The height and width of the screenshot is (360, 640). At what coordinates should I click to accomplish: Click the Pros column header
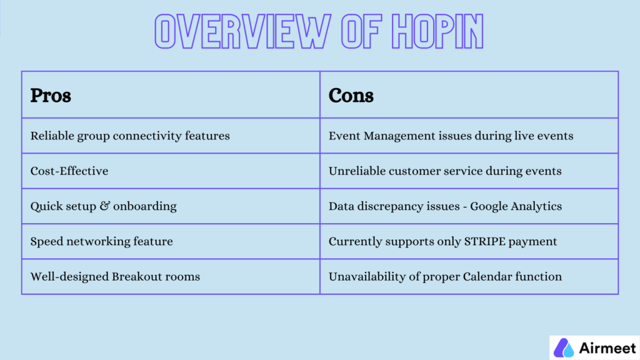click(x=51, y=95)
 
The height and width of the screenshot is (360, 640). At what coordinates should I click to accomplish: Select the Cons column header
click(x=351, y=95)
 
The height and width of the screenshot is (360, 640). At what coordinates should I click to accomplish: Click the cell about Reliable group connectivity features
click(x=130, y=136)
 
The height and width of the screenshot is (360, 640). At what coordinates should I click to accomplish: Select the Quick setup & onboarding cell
click(x=104, y=206)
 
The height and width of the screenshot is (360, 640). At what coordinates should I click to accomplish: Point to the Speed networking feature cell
click(x=101, y=241)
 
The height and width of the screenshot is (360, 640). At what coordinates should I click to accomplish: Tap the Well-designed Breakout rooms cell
click(x=115, y=276)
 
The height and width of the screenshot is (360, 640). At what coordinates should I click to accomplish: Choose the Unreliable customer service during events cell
click(x=445, y=171)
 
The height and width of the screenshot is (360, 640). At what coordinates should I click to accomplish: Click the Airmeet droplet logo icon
click(x=564, y=347)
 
